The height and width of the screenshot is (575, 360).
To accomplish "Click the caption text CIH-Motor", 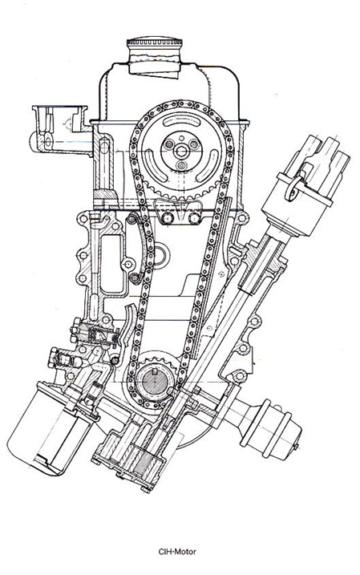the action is pos(177,551).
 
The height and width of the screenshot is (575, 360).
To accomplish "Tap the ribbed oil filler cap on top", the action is pos(154,42).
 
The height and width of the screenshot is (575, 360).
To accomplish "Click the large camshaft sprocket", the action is pos(181,151).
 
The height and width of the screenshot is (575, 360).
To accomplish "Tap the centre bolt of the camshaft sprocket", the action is pos(180,150).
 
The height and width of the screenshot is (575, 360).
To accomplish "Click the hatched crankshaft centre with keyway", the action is pos(154,382).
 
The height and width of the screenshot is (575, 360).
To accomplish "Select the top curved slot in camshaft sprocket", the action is pos(181,121).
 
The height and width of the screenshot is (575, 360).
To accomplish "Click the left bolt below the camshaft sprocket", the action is pos(167,218).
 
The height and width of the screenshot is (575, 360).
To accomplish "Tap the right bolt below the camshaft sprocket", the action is pos(194,218).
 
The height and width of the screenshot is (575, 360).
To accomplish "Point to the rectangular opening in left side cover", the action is pos(111,263).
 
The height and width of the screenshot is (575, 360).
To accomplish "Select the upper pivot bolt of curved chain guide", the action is pos(131,220).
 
